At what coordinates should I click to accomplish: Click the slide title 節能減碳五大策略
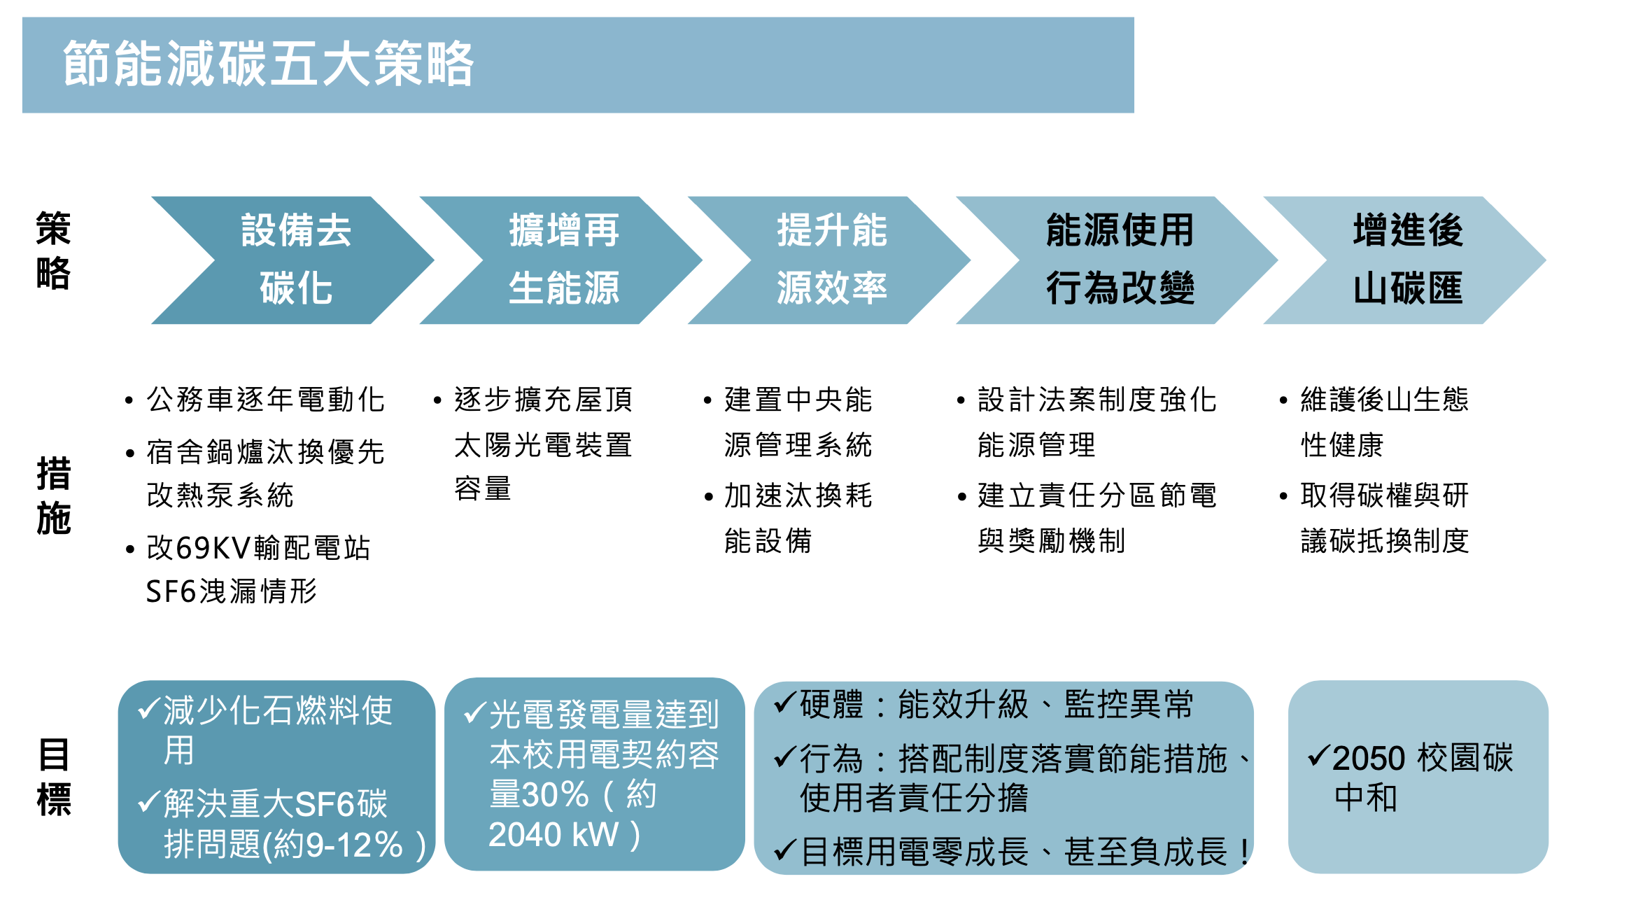pyautogui.click(x=269, y=64)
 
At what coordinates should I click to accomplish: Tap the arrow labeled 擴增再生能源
pyautogui.click(x=563, y=260)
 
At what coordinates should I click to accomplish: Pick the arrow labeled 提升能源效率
pyautogui.click(x=831, y=260)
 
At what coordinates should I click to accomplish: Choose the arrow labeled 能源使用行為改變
pyautogui.click(x=1120, y=260)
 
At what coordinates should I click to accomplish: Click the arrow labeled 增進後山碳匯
pyautogui.click(x=1407, y=260)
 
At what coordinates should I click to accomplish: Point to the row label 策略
pyautogui.click(x=53, y=250)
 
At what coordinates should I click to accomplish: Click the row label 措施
pyautogui.click(x=53, y=495)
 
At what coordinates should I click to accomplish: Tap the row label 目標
pyautogui.click(x=53, y=777)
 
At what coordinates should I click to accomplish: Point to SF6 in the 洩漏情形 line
pyautogui.click(x=171, y=592)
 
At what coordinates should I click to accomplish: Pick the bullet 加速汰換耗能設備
pyautogui.click(x=798, y=518)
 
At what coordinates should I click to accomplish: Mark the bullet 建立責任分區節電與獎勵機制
pyautogui.click(x=1096, y=518)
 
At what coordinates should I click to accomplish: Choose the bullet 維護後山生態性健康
pyautogui.click(x=1384, y=422)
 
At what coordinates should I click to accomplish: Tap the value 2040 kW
pyautogui.click(x=553, y=835)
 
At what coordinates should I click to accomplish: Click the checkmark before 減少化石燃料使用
pyautogui.click(x=148, y=709)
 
